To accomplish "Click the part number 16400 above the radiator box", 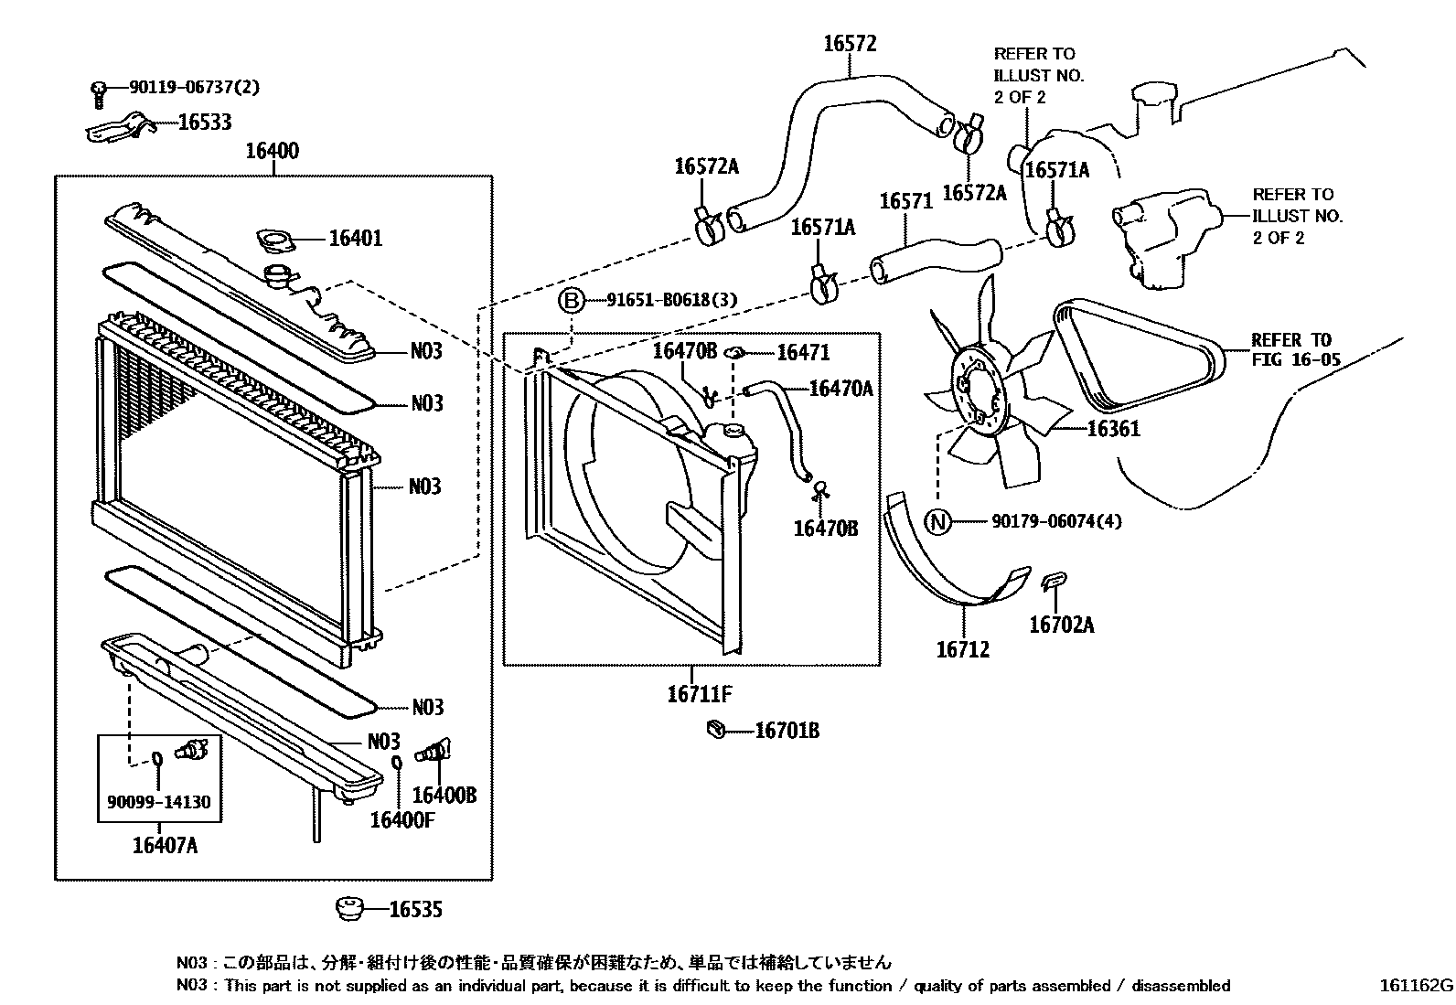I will tap(272, 151).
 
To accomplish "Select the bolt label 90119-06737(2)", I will tap(194, 88).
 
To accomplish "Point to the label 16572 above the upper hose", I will tap(850, 43).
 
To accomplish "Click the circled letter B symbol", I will tap(571, 300).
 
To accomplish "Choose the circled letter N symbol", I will tap(938, 522).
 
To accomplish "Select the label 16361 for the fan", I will tap(1113, 428).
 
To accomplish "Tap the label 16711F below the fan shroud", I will tap(700, 693).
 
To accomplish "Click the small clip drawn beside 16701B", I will tap(717, 729).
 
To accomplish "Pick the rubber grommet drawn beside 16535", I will tap(348, 908).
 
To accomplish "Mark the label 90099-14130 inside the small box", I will tap(159, 803).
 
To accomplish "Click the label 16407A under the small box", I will tap(165, 845).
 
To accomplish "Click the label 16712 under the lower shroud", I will tap(962, 650).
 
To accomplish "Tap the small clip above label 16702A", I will tap(1055, 580).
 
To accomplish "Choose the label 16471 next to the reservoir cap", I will tap(803, 352).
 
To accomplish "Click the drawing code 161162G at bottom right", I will tap(1416, 986).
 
